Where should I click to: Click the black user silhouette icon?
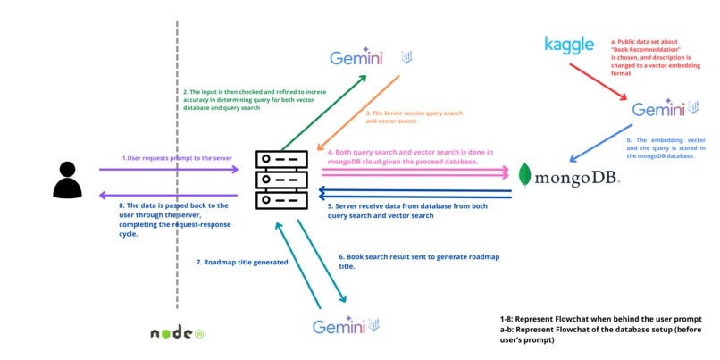(x=67, y=180)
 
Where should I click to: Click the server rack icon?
(x=280, y=180)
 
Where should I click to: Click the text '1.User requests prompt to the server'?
(x=177, y=158)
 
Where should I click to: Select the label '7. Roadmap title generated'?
(x=240, y=263)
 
